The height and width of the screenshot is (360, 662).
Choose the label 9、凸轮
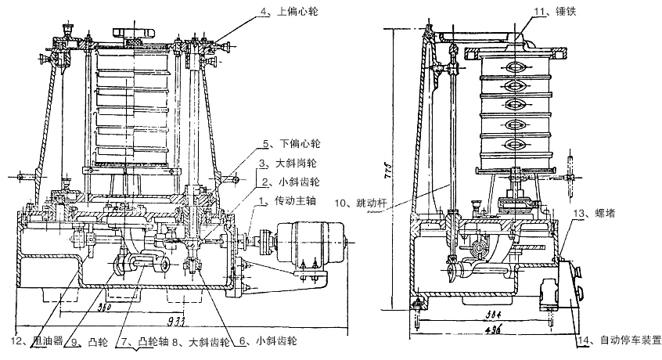[86, 341]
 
